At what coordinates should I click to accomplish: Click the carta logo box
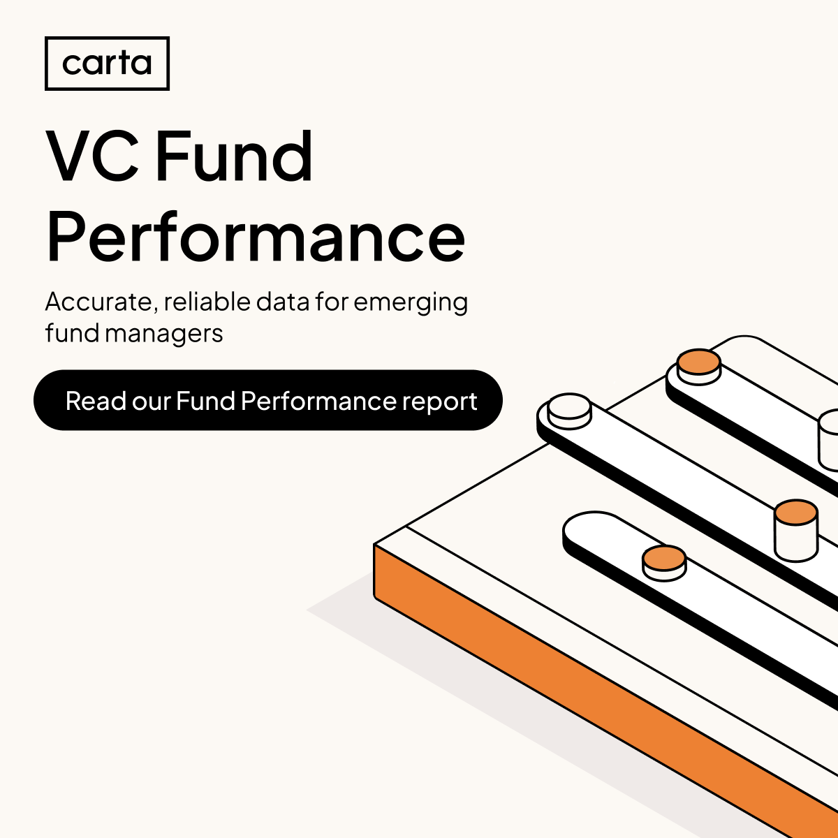(x=107, y=64)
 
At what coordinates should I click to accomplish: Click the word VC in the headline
(x=92, y=156)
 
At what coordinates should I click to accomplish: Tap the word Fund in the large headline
(x=234, y=156)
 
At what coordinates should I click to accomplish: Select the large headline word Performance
(x=256, y=237)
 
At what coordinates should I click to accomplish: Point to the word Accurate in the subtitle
(x=98, y=302)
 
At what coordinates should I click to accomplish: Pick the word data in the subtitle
(x=282, y=302)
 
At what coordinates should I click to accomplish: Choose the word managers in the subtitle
(x=164, y=334)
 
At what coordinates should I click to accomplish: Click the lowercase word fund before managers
(x=73, y=333)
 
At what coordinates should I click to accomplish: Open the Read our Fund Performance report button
(x=268, y=400)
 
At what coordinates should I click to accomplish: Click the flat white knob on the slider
(x=570, y=411)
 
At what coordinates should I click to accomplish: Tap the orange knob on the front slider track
(x=664, y=562)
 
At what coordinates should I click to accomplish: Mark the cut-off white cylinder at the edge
(x=829, y=440)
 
